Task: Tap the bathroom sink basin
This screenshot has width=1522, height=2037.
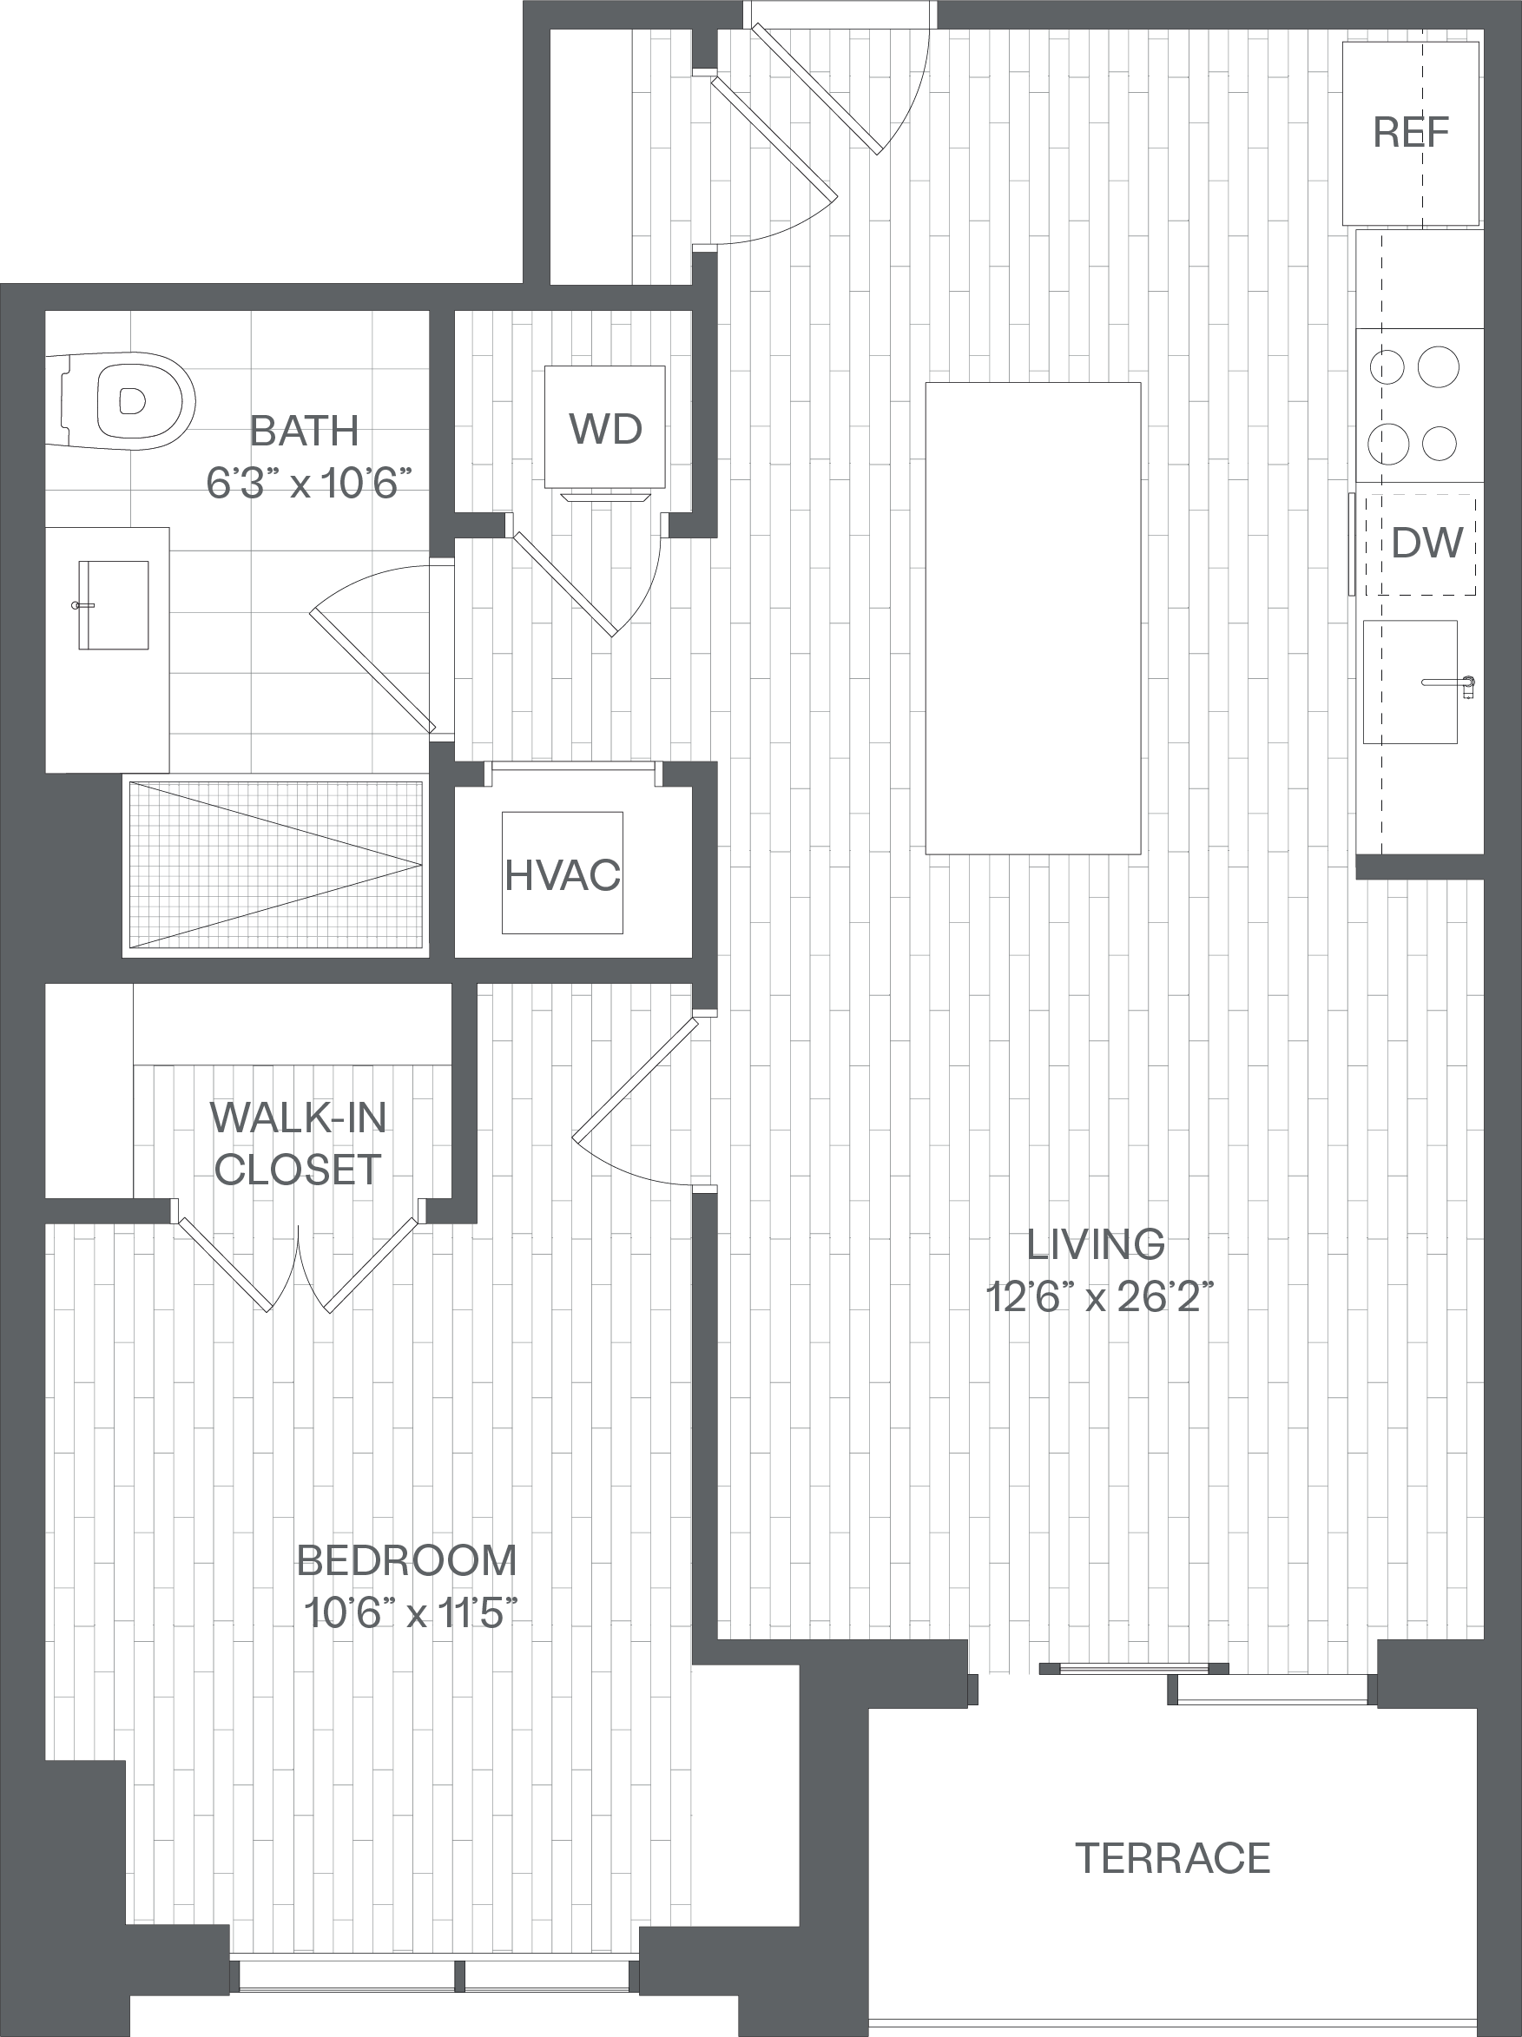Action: (x=113, y=605)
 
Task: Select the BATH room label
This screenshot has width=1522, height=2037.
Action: (x=304, y=430)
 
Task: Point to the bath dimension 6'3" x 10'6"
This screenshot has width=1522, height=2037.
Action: (x=308, y=482)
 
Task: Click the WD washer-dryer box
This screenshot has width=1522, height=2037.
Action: (x=604, y=426)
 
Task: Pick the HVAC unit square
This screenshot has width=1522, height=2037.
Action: (x=562, y=873)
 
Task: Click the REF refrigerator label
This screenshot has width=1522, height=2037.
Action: (x=1411, y=133)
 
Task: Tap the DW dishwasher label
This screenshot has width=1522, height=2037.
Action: (x=1427, y=544)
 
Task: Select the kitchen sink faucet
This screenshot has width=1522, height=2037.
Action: (x=1449, y=684)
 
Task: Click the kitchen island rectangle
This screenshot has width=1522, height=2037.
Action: (x=1033, y=618)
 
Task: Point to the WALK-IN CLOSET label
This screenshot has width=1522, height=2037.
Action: (x=298, y=1143)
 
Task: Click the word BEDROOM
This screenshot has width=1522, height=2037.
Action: (x=407, y=1561)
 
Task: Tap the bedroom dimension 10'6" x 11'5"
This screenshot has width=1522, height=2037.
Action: (x=411, y=1612)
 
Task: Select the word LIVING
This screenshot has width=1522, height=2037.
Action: (x=1096, y=1244)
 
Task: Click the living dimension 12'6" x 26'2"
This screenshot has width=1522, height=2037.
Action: (x=1100, y=1296)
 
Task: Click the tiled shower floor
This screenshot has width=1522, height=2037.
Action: (x=276, y=865)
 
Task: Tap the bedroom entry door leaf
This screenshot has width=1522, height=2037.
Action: (x=636, y=1078)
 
